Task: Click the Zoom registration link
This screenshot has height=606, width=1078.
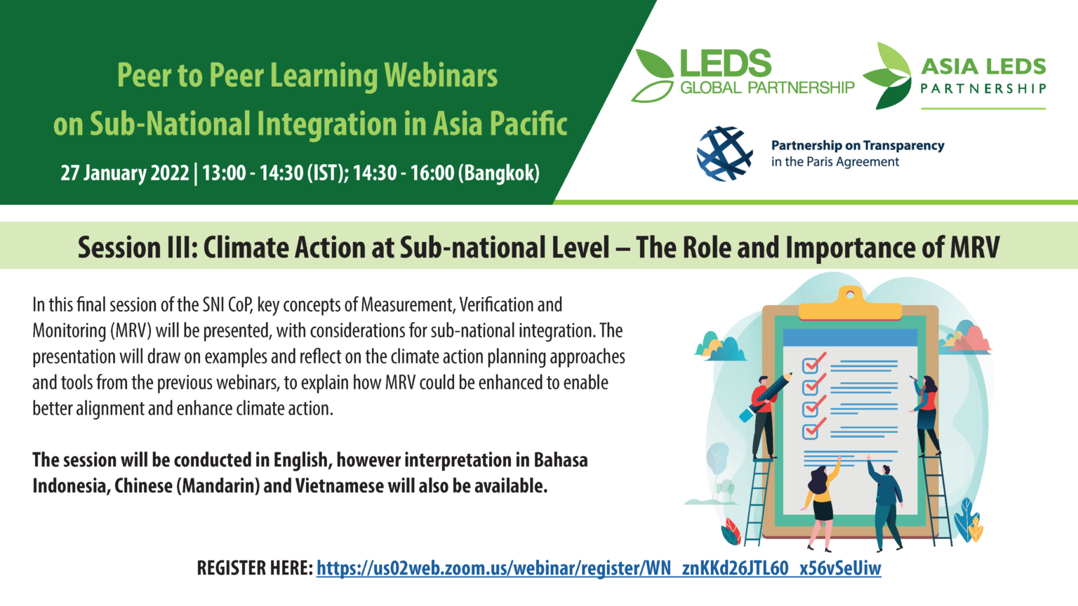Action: click(599, 568)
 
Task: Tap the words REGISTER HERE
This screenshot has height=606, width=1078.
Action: click(255, 568)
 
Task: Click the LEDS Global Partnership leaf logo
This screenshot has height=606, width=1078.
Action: click(653, 76)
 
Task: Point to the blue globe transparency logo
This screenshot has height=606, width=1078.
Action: click(725, 154)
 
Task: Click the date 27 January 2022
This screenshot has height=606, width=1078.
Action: click(125, 173)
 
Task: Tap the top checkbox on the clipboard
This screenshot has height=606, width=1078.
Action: click(811, 365)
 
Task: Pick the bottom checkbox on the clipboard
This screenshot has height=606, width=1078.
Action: click(811, 431)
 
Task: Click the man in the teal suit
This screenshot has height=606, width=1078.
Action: click(885, 503)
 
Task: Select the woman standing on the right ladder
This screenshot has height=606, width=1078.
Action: click(926, 414)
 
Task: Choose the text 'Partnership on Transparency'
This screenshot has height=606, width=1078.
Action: click(858, 145)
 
